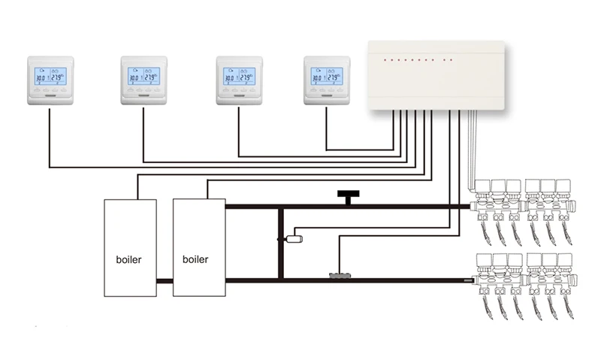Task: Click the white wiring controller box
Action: coord(435,75)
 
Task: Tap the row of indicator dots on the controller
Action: coord(418,59)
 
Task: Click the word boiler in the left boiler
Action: coord(129,260)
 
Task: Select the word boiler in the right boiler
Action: coord(196,260)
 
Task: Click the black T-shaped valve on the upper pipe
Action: coord(346,197)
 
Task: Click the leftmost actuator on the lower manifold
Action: coord(482,261)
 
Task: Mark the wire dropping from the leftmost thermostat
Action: coord(50,135)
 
